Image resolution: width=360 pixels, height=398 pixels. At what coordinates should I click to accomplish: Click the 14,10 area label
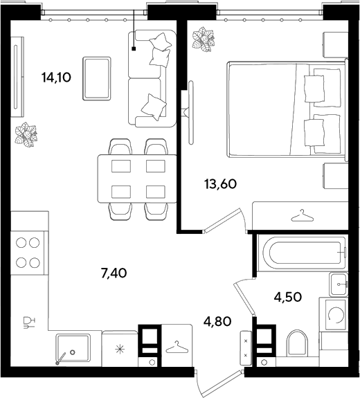[x=56, y=77]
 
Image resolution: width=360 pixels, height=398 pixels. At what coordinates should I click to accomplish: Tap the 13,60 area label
[x=220, y=184]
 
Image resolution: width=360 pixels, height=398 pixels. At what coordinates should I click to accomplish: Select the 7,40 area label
[x=114, y=273]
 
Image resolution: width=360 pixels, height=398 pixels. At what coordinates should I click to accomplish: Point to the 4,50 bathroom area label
[x=288, y=296]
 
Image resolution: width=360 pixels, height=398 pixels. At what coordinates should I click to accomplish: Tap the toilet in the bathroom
[x=297, y=343]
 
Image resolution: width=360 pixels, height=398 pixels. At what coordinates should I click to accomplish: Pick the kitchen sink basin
[x=73, y=348]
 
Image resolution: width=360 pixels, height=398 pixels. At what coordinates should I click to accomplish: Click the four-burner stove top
[x=28, y=253]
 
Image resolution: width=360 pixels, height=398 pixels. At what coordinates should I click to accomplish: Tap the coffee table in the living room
[x=97, y=78]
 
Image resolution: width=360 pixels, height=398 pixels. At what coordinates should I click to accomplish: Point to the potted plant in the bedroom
[x=203, y=39]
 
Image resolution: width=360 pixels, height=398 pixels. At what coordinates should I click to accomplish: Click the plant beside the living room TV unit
[x=26, y=134]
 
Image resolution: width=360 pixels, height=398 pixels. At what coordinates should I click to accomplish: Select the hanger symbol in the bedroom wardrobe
[x=302, y=216]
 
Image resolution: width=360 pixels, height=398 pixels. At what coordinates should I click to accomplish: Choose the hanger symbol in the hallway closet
[x=177, y=347]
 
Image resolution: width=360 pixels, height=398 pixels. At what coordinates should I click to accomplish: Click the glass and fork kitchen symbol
[x=28, y=323]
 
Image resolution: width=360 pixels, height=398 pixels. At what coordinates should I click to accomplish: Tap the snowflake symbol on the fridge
[x=120, y=350]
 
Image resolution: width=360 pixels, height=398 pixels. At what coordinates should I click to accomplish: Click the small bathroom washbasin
[x=339, y=284]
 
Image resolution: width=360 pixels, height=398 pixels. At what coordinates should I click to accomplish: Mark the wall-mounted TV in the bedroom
[x=191, y=112]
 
